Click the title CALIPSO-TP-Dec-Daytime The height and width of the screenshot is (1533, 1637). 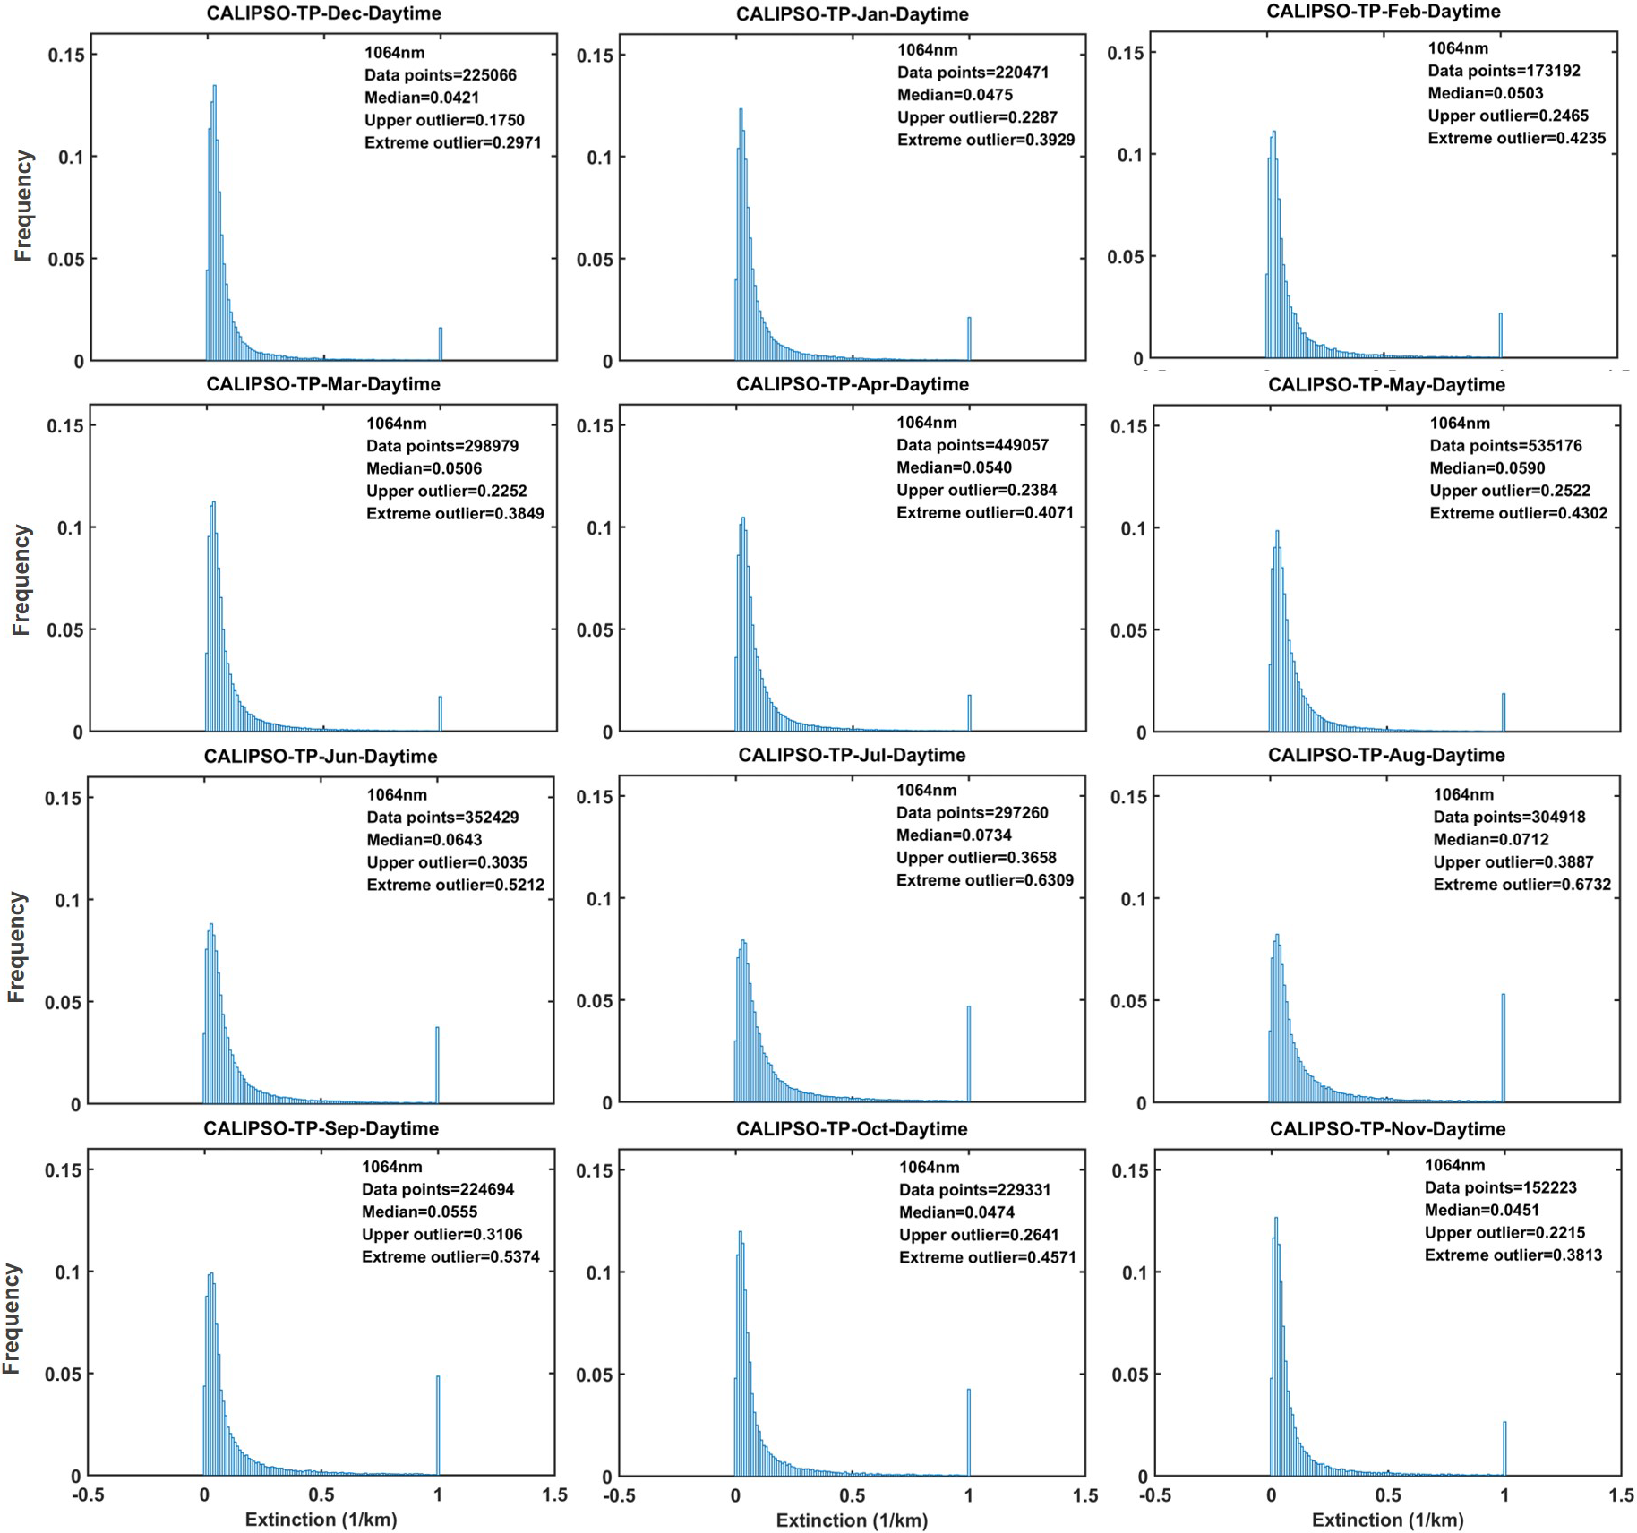pos(323,13)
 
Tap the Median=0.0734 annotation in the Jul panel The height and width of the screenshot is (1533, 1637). pos(954,835)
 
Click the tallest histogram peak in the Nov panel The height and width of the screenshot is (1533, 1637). pos(1276,1220)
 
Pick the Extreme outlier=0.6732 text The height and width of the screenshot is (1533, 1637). pos(1521,885)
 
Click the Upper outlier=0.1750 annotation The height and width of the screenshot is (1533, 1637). pos(444,121)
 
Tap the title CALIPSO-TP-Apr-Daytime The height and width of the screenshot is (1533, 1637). pos(853,384)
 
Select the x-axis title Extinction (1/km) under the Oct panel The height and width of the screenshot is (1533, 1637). pos(852,1520)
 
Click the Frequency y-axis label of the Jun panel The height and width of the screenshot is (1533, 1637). pos(17,947)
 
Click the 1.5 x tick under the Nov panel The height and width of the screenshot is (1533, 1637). pos(1621,1495)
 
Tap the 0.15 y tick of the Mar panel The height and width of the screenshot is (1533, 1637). pos(65,425)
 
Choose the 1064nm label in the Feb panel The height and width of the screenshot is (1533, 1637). pos(1458,48)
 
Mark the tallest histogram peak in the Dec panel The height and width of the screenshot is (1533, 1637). pos(215,87)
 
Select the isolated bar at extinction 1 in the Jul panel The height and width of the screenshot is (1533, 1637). pos(969,1054)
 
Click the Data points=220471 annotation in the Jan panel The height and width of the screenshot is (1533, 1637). pos(973,73)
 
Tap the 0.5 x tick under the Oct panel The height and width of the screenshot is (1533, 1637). pos(853,1495)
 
